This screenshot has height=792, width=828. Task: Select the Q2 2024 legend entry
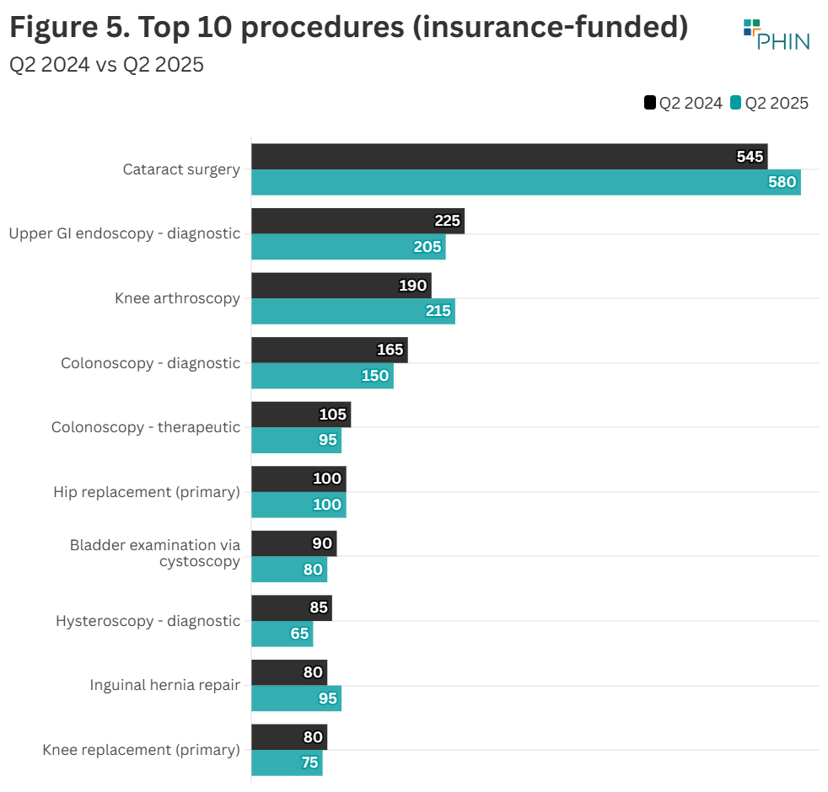coord(683,103)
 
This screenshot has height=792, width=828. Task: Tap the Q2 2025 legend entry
coord(769,103)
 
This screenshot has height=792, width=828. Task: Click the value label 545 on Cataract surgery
coord(750,157)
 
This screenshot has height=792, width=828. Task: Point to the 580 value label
coord(782,182)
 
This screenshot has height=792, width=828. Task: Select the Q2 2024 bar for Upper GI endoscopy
coord(358,221)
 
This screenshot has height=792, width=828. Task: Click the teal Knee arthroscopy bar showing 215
coord(352,311)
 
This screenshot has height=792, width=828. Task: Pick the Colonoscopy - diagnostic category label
coord(150,363)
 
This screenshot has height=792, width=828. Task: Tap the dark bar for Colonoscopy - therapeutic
coord(300,415)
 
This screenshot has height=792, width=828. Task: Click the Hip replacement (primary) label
coord(147,492)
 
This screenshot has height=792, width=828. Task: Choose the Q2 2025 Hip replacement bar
coord(298,505)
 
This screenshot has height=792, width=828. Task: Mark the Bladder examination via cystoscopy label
coord(155,553)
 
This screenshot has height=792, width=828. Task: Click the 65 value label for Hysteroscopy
coord(299,634)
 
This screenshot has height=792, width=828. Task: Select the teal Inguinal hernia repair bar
coord(296,698)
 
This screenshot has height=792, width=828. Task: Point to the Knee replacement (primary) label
coord(141,750)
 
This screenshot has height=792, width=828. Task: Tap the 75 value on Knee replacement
coord(309,763)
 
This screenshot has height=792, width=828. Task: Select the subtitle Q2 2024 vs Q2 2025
coord(106,65)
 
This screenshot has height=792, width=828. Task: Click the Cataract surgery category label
coord(181,169)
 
